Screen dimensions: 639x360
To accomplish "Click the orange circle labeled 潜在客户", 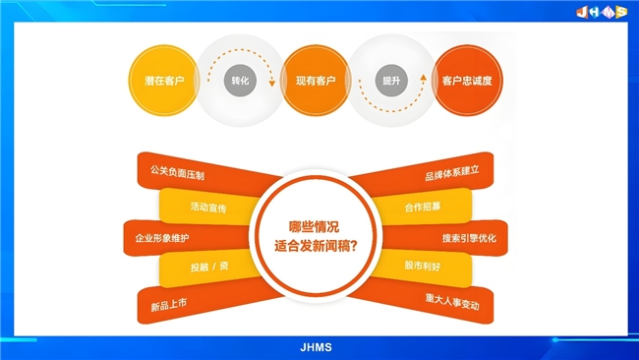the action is (x=159, y=80).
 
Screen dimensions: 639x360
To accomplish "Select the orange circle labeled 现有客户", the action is (x=312, y=80).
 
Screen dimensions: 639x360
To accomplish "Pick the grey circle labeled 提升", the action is (x=391, y=80).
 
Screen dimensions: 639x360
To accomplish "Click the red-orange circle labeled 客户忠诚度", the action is (x=466, y=80).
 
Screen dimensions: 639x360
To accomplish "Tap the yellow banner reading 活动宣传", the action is (x=207, y=208).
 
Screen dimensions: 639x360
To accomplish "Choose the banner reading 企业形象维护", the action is (x=163, y=238).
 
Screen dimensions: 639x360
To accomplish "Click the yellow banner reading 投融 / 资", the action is (x=207, y=266).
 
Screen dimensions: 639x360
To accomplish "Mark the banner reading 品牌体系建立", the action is (x=452, y=175).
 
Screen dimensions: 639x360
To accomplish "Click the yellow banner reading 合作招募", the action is (x=424, y=208).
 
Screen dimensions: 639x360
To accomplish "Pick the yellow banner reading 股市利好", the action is (x=423, y=266).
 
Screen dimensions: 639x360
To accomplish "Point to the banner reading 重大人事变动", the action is (x=452, y=305).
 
